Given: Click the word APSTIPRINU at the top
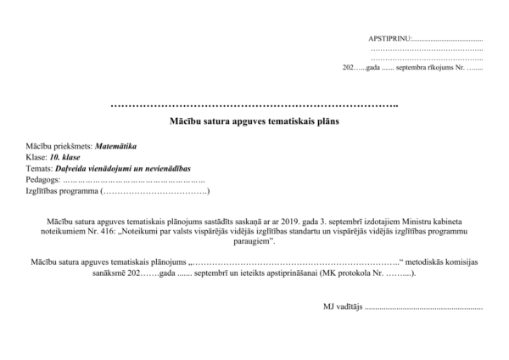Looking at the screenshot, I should (x=389, y=39).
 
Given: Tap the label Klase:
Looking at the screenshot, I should (x=36, y=157).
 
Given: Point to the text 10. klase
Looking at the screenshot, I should (x=65, y=157).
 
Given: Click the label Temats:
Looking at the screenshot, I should (x=41, y=168).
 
